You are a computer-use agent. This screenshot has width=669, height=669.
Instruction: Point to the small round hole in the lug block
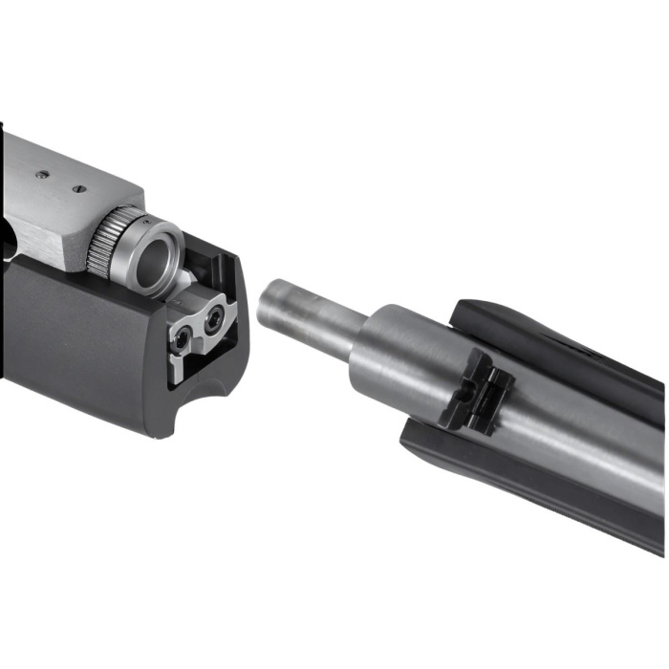(x=463, y=394)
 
